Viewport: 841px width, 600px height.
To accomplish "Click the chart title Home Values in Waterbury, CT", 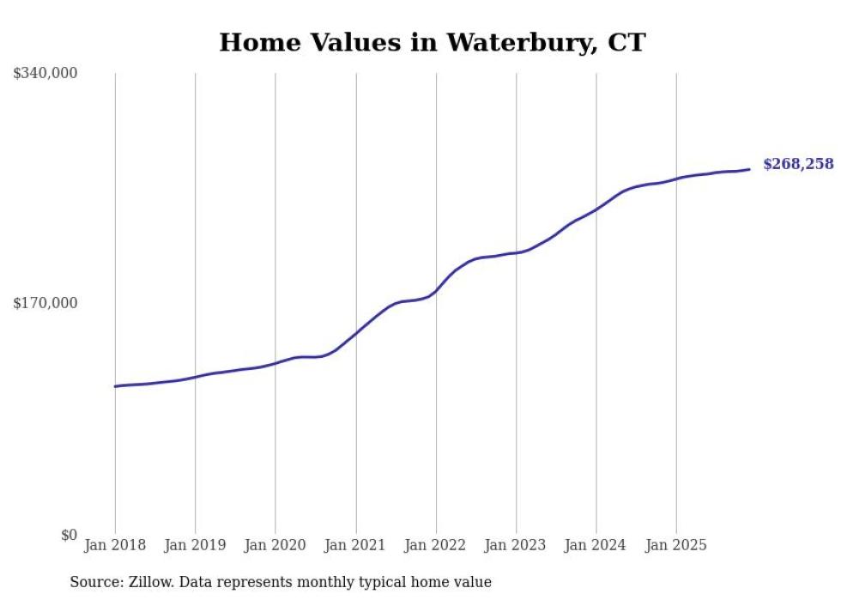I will (x=432, y=42).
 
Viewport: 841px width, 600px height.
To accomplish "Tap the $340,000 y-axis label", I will (x=45, y=74).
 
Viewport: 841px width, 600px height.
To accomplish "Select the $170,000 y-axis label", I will (x=45, y=303).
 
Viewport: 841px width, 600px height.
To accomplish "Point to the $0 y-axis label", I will (x=69, y=535).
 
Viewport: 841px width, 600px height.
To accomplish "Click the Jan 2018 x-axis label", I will (x=115, y=545).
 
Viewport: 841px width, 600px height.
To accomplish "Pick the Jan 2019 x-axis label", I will (x=195, y=545).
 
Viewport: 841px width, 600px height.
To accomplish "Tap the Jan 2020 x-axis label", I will (x=275, y=545).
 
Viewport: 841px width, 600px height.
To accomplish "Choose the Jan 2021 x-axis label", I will (x=355, y=545).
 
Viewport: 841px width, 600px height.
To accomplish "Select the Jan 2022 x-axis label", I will (x=436, y=545).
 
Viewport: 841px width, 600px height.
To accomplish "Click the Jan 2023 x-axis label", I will (x=516, y=545).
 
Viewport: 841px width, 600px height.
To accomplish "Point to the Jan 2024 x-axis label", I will (x=596, y=545).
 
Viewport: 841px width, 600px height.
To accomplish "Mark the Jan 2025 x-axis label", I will (x=676, y=545).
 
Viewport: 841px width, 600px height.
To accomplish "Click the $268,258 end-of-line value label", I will (x=798, y=164).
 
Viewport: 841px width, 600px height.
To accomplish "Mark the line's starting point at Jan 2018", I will (x=115, y=386).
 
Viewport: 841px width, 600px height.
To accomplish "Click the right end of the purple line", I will (x=749, y=169).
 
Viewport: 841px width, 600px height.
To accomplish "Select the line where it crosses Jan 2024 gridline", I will (x=596, y=209).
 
